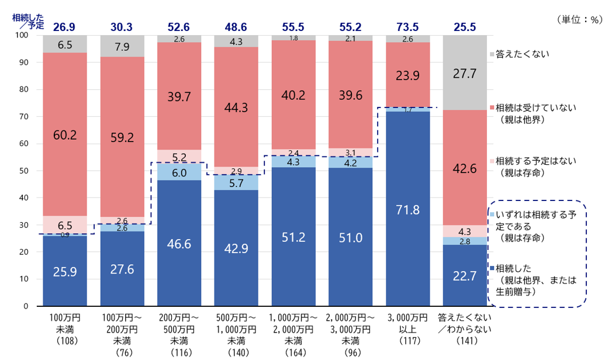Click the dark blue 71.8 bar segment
408,209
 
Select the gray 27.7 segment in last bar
465,72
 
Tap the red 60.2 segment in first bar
65,134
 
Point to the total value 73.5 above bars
408,26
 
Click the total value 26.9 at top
65,26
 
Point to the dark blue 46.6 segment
179,243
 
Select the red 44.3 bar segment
237,107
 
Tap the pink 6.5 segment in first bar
65,224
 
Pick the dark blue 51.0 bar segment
351,237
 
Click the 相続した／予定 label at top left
28,21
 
